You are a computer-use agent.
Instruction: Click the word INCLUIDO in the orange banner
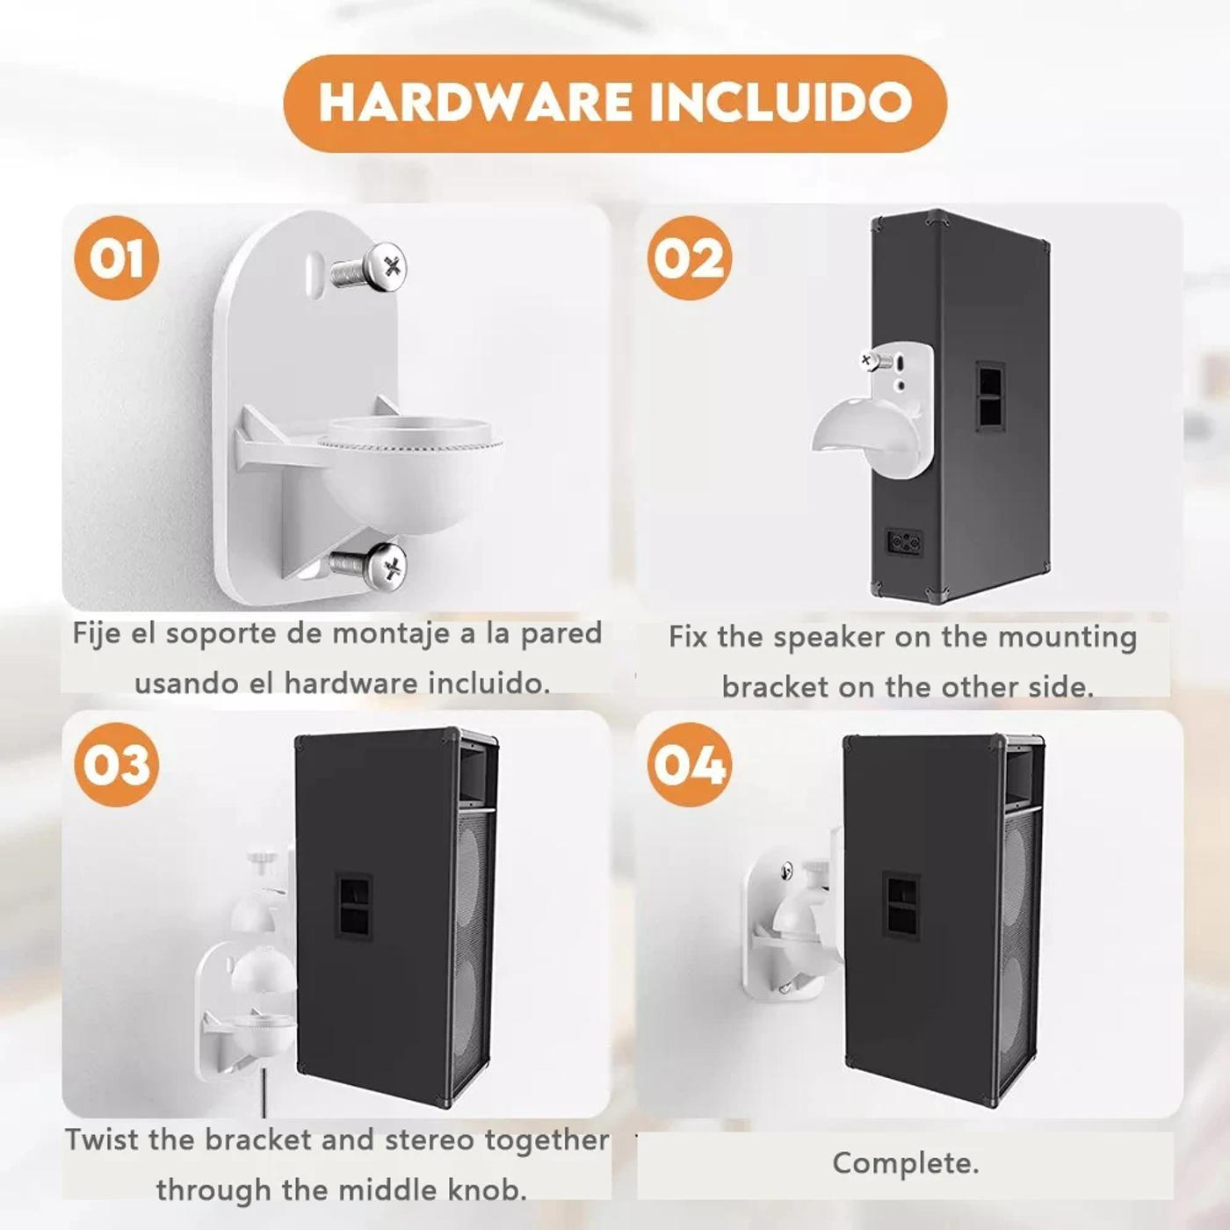tap(780, 102)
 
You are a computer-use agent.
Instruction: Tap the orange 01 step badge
tap(117, 258)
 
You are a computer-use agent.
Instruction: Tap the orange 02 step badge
tap(690, 258)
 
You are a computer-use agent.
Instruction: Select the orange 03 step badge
tap(117, 764)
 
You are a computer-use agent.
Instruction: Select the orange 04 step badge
tap(690, 764)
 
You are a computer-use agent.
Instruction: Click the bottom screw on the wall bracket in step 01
tap(371, 564)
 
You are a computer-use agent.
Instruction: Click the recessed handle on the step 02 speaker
tap(989, 395)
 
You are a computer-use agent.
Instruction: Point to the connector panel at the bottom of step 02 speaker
tap(905, 542)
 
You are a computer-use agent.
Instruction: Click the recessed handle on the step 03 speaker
tap(353, 908)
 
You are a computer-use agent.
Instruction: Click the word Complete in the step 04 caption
tap(904, 1163)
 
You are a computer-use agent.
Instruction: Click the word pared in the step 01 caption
tap(561, 633)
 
